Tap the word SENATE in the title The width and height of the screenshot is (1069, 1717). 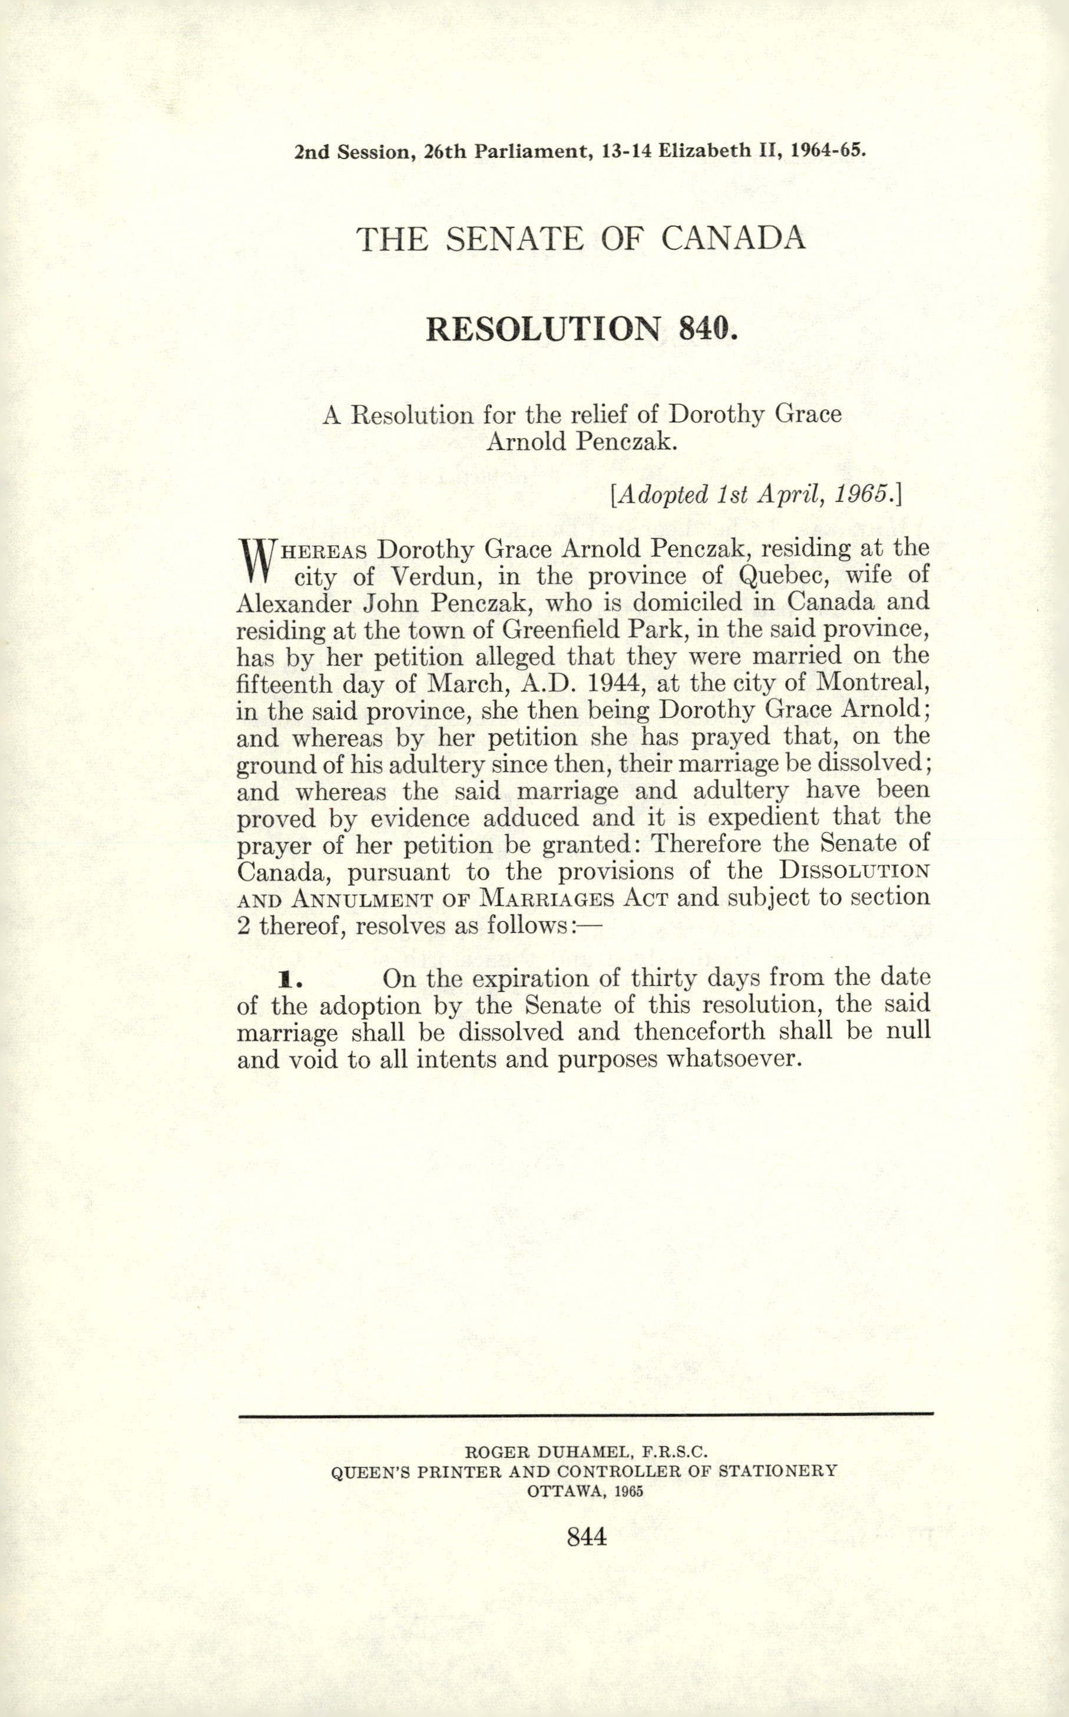click(515, 239)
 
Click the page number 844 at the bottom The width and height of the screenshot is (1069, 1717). click(587, 1537)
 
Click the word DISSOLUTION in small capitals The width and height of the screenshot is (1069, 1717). click(851, 872)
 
